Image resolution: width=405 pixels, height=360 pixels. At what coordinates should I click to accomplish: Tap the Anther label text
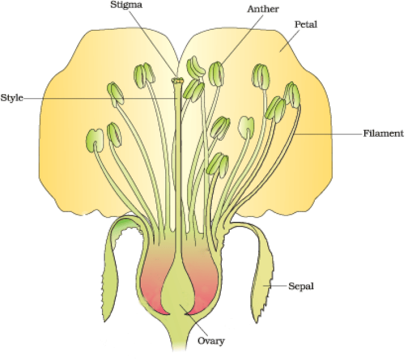click(263, 9)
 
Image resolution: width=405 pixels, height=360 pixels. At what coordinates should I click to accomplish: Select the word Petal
click(306, 24)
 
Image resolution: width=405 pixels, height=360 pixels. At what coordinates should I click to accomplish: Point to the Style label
click(12, 98)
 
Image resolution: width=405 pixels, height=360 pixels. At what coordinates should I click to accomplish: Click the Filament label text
click(383, 133)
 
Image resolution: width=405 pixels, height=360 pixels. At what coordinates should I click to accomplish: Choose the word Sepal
click(301, 286)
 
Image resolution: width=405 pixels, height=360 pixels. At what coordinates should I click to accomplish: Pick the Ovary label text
click(211, 341)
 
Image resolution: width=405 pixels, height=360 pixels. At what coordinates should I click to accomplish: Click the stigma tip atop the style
click(178, 81)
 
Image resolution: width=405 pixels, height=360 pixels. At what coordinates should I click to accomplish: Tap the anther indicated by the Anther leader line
click(216, 74)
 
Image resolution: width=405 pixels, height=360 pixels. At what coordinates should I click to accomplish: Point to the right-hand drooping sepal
click(261, 274)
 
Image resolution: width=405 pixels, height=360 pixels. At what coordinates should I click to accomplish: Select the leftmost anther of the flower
click(95, 140)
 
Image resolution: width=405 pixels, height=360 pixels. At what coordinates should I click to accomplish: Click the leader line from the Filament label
click(328, 134)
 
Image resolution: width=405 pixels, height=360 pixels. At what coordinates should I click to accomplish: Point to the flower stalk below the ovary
click(181, 336)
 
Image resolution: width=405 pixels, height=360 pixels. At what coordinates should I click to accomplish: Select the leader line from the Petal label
click(289, 40)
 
